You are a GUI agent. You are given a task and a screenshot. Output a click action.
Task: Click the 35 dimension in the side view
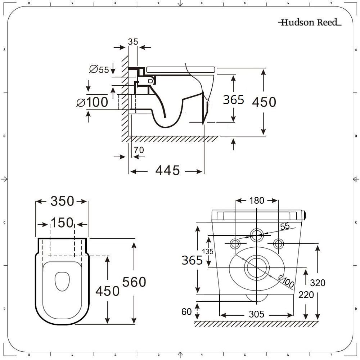pyautogui.click(x=133, y=42)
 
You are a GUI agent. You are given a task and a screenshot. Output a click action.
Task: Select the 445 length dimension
pyautogui.click(x=167, y=170)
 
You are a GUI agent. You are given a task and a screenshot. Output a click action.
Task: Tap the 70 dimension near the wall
pyautogui.click(x=139, y=150)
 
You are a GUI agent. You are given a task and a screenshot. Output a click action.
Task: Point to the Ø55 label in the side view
pyautogui.click(x=99, y=69)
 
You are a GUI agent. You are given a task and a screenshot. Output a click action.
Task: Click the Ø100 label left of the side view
pyautogui.click(x=92, y=102)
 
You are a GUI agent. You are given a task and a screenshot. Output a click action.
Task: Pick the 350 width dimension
pyautogui.click(x=62, y=201)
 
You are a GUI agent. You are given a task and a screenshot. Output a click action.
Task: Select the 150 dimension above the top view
pyautogui.click(x=62, y=223)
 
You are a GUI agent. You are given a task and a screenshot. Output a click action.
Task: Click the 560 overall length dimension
pyautogui.click(x=134, y=282)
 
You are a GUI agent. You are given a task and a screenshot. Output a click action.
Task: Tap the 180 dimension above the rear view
pyautogui.click(x=257, y=201)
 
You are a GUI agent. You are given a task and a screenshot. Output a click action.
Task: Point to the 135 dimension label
pyautogui.click(x=208, y=252)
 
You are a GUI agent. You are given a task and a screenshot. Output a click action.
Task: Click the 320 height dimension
pyautogui.click(x=318, y=283)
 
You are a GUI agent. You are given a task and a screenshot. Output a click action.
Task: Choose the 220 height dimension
pyautogui.click(x=306, y=295)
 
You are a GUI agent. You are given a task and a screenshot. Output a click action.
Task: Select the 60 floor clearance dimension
pyautogui.click(x=186, y=312)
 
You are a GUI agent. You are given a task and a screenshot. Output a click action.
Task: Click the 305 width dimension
pyautogui.click(x=256, y=314)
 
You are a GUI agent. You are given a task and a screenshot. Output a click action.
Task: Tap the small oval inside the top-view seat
pyautogui.click(x=62, y=281)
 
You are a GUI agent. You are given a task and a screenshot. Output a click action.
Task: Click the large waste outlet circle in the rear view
pyautogui.click(x=257, y=267)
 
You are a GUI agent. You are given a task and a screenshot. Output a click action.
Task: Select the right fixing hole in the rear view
pyautogui.click(x=278, y=244)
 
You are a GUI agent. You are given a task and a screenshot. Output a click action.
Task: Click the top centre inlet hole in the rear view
pyautogui.click(x=257, y=235)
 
